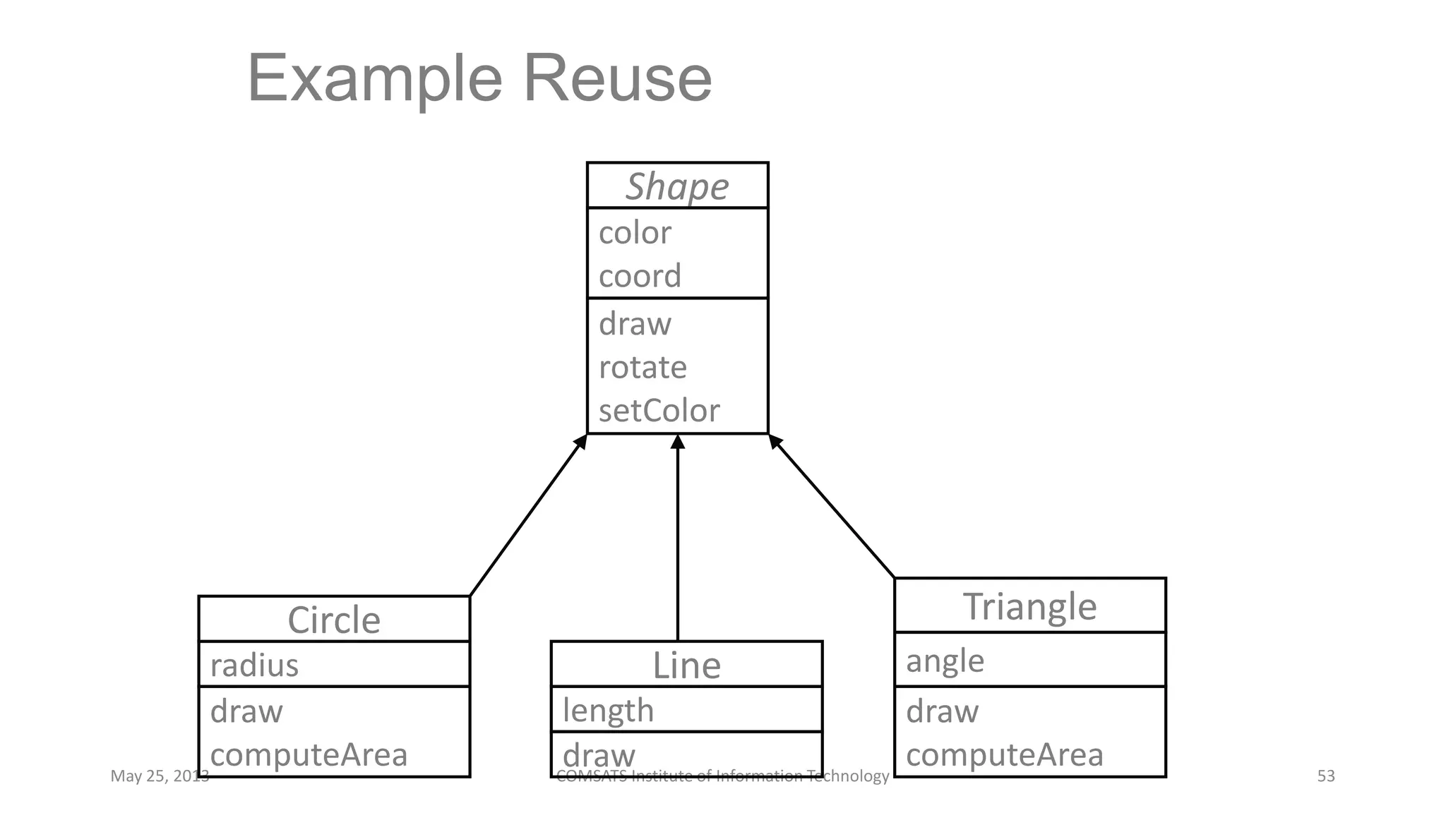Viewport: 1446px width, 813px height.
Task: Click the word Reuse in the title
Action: click(x=617, y=78)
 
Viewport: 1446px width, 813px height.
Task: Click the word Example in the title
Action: click(x=375, y=80)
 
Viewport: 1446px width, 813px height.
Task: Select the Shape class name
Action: click(x=677, y=187)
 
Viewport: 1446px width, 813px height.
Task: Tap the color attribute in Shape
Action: click(x=635, y=233)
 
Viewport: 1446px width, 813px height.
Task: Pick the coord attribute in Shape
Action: click(x=640, y=276)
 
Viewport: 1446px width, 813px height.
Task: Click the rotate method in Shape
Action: click(x=643, y=368)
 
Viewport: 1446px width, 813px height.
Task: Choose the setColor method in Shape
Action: click(x=659, y=411)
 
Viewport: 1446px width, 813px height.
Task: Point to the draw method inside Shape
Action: click(x=635, y=324)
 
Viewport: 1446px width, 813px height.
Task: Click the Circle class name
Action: click(x=334, y=620)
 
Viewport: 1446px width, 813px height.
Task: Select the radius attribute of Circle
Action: click(x=254, y=665)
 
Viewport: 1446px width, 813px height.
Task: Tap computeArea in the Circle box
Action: click(x=309, y=754)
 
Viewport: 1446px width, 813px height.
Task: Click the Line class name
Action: click(x=686, y=666)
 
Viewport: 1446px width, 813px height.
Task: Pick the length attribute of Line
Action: click(x=608, y=711)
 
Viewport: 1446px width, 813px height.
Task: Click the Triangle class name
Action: click(x=1029, y=606)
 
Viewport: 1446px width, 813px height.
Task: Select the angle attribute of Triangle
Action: click(x=945, y=661)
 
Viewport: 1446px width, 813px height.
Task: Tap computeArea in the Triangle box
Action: click(x=1004, y=754)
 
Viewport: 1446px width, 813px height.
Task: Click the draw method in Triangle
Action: click(x=942, y=711)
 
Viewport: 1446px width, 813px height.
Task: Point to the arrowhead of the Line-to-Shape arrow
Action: click(x=678, y=442)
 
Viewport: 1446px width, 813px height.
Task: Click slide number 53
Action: click(x=1326, y=776)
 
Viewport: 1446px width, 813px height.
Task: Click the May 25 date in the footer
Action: click(x=160, y=776)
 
